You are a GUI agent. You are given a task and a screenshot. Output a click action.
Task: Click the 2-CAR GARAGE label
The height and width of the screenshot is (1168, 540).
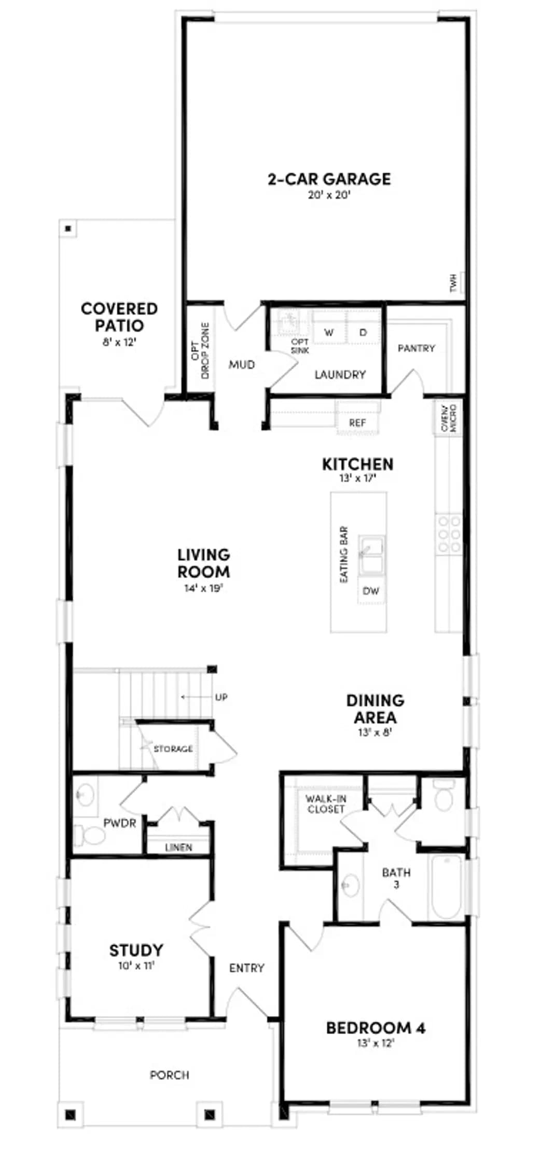pos(329,179)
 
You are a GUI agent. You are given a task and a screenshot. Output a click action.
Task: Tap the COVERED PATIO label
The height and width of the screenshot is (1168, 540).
pos(119,317)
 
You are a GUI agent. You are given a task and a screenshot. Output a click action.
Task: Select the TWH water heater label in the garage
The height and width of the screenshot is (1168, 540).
pos(454,283)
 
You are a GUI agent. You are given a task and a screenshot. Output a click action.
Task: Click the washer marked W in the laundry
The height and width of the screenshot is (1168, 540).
pos(329,333)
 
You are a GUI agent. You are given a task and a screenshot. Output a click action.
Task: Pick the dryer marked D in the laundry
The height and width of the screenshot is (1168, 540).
pos(363,333)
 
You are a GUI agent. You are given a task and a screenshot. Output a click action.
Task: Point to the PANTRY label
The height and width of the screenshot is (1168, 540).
pos(416,348)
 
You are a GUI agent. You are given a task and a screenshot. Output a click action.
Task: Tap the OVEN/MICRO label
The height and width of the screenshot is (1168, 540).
pos(448,418)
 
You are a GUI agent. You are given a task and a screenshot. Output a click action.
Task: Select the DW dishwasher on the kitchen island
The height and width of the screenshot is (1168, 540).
pos(371,591)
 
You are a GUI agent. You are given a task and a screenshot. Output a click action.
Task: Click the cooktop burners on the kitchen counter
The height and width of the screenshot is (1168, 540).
pos(449,534)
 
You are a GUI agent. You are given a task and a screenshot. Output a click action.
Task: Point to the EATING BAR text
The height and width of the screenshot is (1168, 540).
pos(344,554)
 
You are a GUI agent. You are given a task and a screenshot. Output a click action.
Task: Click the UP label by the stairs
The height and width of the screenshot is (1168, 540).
pos(221,697)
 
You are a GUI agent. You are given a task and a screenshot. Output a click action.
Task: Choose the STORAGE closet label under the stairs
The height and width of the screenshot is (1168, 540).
pos(173,749)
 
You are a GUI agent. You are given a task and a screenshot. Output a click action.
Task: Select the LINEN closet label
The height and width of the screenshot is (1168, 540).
pos(178,847)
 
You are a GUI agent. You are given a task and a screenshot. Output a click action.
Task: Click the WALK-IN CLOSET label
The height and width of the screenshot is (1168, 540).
pos(326,804)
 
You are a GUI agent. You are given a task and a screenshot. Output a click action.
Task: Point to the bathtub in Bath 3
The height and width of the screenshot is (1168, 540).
pos(445,887)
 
